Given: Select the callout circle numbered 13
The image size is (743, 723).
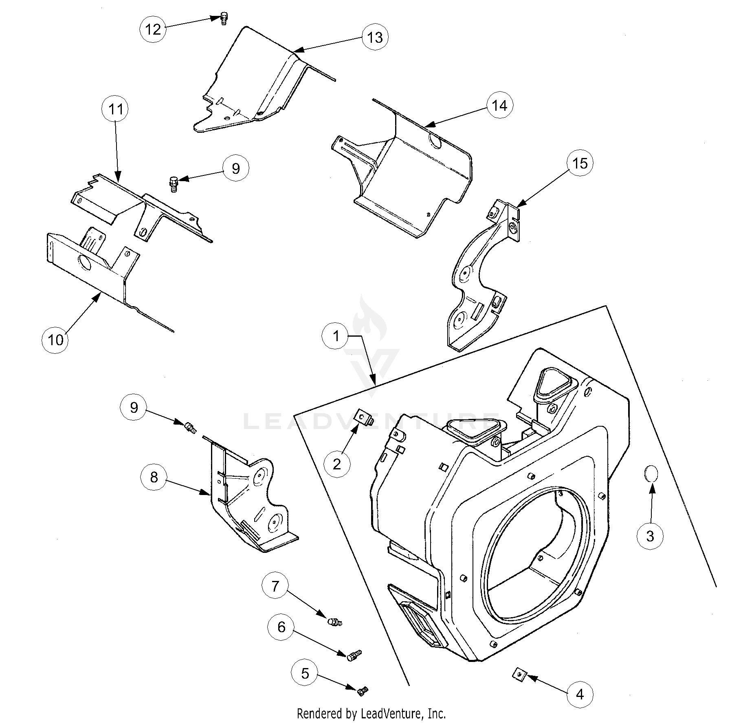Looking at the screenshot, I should pyautogui.click(x=375, y=37).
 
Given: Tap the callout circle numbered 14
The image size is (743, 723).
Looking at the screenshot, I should pyautogui.click(x=500, y=105).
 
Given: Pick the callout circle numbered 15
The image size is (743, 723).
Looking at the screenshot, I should pyautogui.click(x=580, y=163).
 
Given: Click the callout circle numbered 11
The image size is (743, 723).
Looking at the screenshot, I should pyautogui.click(x=115, y=109).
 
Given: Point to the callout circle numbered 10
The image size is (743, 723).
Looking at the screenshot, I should pyautogui.click(x=55, y=339).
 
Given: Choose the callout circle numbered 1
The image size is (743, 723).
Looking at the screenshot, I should pyautogui.click(x=336, y=336).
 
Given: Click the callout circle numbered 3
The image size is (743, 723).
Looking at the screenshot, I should pyautogui.click(x=650, y=536).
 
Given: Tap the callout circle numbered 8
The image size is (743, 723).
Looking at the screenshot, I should pyautogui.click(x=154, y=477).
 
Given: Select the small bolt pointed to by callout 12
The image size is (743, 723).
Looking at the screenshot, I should pyautogui.click(x=223, y=18).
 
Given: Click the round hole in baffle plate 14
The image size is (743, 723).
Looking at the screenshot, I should pyautogui.click(x=436, y=141).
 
